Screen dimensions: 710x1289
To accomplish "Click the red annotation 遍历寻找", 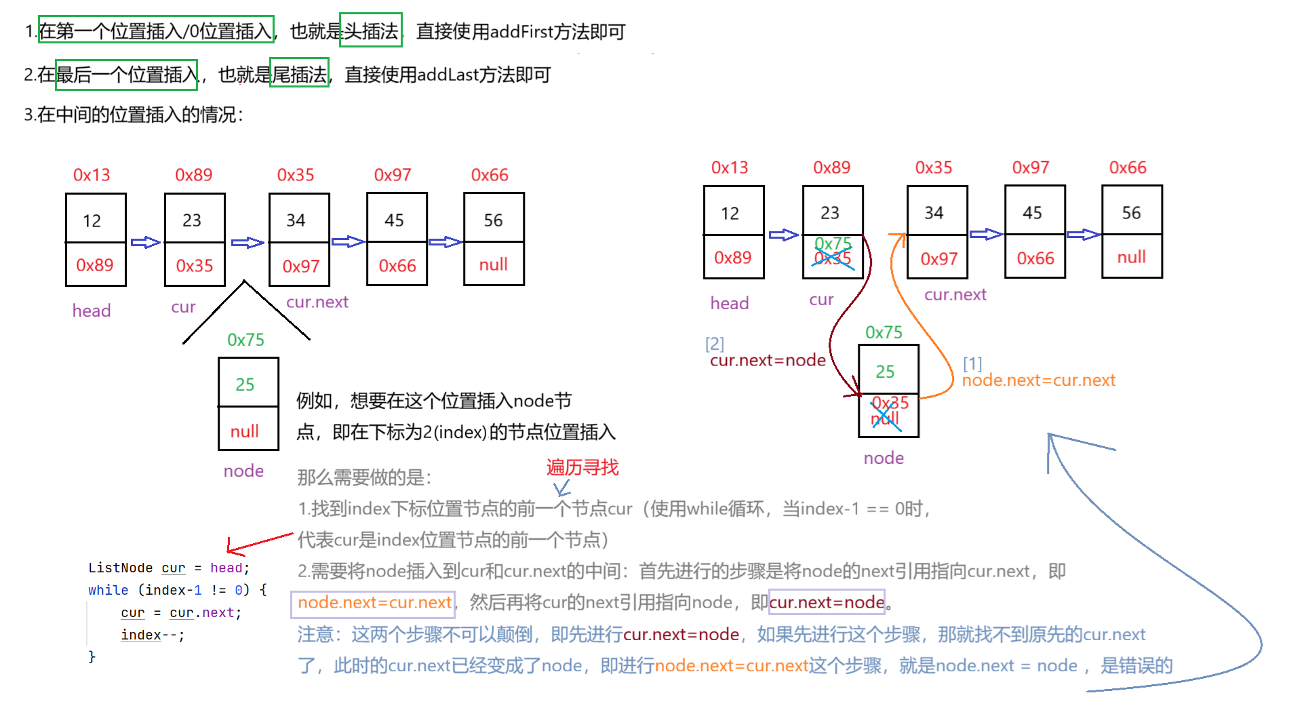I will (582, 467).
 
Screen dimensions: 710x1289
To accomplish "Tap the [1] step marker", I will (973, 363).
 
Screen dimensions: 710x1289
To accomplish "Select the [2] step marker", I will (715, 343).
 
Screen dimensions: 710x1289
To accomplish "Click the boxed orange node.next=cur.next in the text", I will (374, 603).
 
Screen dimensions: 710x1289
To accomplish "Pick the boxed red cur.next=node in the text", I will (827, 602).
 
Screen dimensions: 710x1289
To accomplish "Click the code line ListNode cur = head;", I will (169, 568).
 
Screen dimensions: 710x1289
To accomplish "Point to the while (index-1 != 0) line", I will (177, 590).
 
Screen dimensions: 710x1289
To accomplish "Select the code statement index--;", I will (153, 635).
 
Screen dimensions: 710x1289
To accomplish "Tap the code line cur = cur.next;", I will (181, 613).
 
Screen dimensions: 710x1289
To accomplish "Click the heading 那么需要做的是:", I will (364, 477).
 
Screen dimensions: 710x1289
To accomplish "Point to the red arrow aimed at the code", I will (260, 543).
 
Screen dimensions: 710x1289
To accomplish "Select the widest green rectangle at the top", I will (157, 29).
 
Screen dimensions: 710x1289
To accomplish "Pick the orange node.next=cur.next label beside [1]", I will (1039, 380).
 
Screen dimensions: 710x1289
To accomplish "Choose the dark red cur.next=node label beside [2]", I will (768, 360).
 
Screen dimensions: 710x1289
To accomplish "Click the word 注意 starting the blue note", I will (316, 635).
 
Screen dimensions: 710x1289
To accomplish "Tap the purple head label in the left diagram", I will (92, 311).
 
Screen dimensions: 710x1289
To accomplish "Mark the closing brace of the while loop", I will (92, 656).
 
